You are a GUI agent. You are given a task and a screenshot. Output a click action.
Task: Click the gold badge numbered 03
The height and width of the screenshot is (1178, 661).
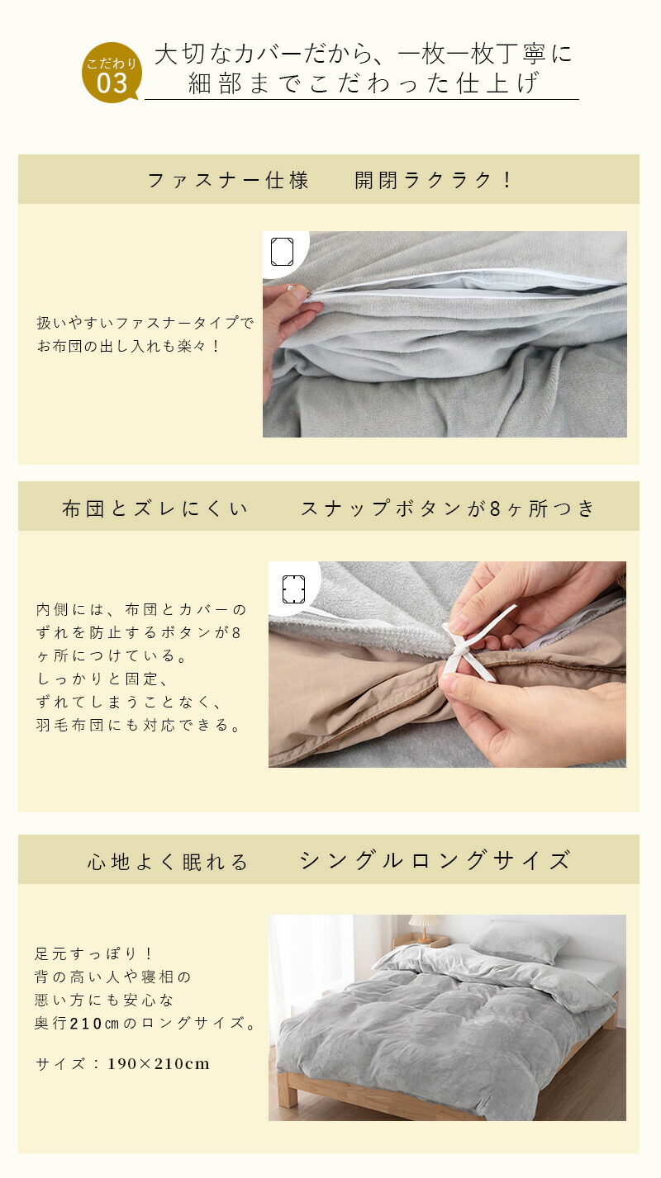112,72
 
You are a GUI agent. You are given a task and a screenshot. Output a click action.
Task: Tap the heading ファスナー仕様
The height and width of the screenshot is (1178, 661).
228,181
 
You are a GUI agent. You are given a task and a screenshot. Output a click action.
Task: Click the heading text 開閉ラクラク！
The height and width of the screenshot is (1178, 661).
433,181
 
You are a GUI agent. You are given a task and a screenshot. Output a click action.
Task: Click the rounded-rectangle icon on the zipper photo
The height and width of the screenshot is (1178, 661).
282,252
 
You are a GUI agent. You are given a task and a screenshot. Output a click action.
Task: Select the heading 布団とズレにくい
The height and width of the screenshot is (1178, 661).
155,509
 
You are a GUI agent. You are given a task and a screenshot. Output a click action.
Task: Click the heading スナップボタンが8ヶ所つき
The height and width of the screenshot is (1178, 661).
447,509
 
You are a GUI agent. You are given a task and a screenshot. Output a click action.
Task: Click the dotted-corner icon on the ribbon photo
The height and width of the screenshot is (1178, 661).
293,589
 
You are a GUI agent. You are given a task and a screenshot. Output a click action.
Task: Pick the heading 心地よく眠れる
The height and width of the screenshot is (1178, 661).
168,862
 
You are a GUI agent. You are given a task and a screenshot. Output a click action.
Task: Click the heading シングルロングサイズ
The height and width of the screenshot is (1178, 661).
435,861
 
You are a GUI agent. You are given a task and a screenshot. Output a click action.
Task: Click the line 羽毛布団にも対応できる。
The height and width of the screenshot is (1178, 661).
139,725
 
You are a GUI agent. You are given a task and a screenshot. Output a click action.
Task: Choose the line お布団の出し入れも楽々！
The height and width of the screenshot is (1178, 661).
129,346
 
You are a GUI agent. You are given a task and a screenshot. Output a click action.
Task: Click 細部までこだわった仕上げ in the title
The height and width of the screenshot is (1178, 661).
364,83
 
